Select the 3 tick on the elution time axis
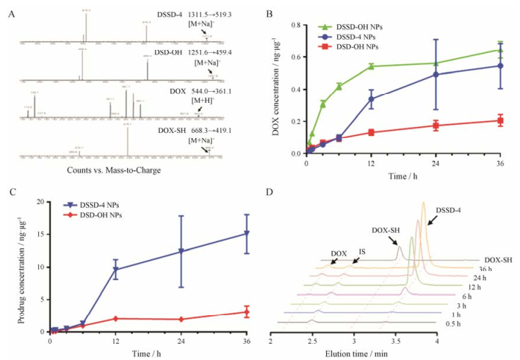pos(354,342)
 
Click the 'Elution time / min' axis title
pos(354,353)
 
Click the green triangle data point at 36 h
pos(501,50)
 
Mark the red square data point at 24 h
pos(436,126)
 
